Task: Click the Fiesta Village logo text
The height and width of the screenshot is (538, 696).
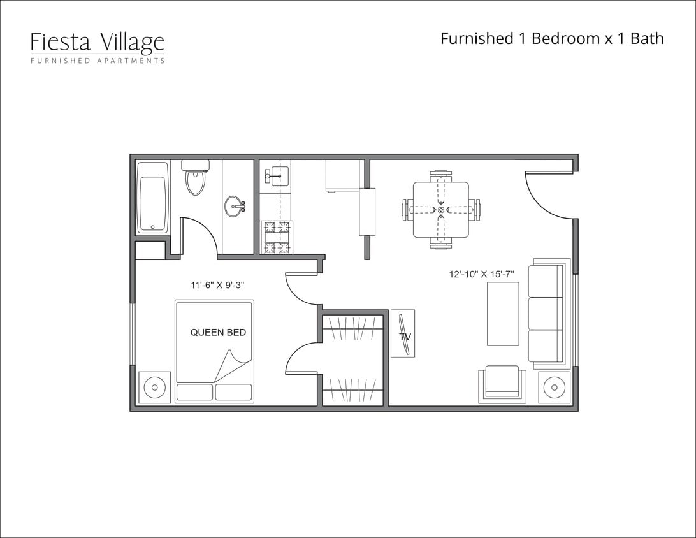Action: pyautogui.click(x=97, y=42)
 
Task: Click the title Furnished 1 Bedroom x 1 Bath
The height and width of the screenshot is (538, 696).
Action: pyautogui.click(x=552, y=38)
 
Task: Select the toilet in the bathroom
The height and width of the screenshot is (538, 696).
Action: pyautogui.click(x=196, y=178)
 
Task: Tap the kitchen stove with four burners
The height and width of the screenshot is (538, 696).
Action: pyautogui.click(x=276, y=237)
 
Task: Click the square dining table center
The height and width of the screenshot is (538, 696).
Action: pyautogui.click(x=440, y=209)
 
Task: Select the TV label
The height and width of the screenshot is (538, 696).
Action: pyautogui.click(x=404, y=336)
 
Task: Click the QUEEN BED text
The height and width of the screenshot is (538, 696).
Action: pyautogui.click(x=218, y=332)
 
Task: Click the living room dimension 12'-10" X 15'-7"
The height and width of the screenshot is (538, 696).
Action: pyautogui.click(x=481, y=274)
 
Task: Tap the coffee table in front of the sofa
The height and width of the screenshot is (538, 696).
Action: pyautogui.click(x=503, y=314)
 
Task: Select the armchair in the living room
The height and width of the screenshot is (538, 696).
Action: pyautogui.click(x=502, y=384)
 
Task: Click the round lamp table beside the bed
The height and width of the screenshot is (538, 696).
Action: pyautogui.click(x=154, y=387)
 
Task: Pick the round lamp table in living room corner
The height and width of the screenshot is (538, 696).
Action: pyautogui.click(x=554, y=387)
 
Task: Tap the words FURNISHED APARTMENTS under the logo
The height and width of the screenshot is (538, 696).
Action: pyautogui.click(x=97, y=61)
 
